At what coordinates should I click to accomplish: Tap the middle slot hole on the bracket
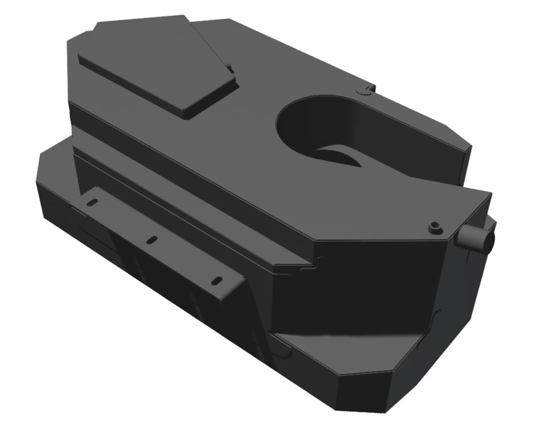[152, 240]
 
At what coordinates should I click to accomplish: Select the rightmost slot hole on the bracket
[217, 280]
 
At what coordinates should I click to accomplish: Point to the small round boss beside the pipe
[435, 227]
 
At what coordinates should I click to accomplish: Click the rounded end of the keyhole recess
[300, 121]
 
